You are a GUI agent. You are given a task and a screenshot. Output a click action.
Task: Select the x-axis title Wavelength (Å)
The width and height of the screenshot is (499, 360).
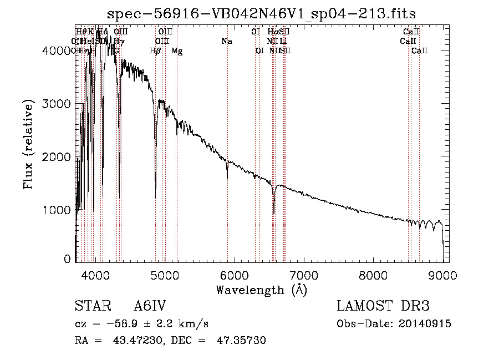coord(261,290)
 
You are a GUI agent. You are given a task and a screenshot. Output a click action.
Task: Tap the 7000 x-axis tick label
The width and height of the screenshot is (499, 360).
coord(303,275)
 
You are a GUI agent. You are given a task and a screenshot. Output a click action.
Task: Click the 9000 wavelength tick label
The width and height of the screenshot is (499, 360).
coord(442,275)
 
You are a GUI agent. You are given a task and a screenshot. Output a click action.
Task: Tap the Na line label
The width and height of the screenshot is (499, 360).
coord(226,41)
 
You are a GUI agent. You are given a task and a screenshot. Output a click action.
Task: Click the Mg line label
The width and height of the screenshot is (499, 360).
coord(177,51)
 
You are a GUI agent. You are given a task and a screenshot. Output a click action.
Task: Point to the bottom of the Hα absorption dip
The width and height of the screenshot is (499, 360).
coord(274,212)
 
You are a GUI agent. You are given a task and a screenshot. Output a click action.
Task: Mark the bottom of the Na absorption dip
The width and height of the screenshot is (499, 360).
coord(227,178)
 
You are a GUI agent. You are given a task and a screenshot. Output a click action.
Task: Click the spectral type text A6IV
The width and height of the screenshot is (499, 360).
coord(150,307)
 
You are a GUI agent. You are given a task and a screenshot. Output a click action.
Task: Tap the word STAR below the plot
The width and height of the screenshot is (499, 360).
coord(89,307)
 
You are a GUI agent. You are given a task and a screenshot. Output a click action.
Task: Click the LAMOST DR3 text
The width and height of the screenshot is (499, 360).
coord(383,306)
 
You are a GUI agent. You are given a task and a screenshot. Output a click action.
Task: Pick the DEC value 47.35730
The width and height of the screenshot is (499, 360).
coord(241,341)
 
